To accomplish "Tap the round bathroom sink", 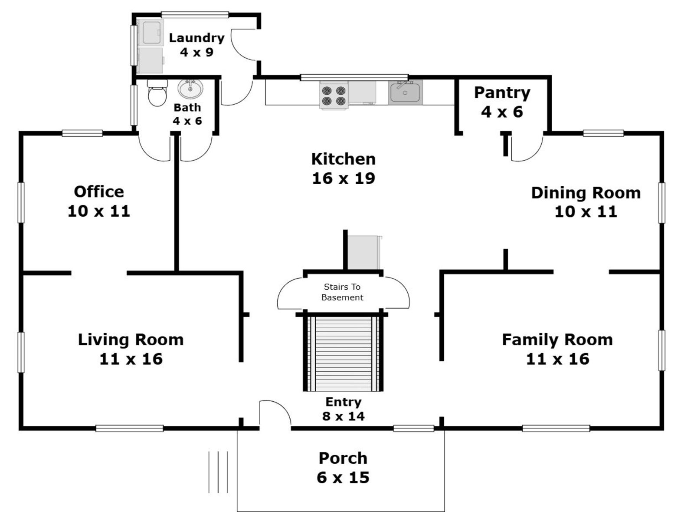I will [x=190, y=89].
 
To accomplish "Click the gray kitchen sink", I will [x=405, y=92].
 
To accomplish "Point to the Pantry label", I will [x=502, y=92].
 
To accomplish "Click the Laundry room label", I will [x=196, y=38].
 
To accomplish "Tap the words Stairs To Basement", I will [x=343, y=292].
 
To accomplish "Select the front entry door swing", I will [x=275, y=413].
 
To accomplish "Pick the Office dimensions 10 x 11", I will [x=99, y=211].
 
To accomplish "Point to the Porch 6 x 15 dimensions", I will [x=343, y=477].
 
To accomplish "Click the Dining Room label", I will [x=586, y=193].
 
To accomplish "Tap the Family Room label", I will [x=557, y=340].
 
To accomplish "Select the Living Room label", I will [x=131, y=340].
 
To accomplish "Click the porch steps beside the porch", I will [x=218, y=472].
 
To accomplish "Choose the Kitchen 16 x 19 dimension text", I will [x=344, y=178].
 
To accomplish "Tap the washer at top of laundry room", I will [x=151, y=32].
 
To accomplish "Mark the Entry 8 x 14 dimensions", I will [x=343, y=416].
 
